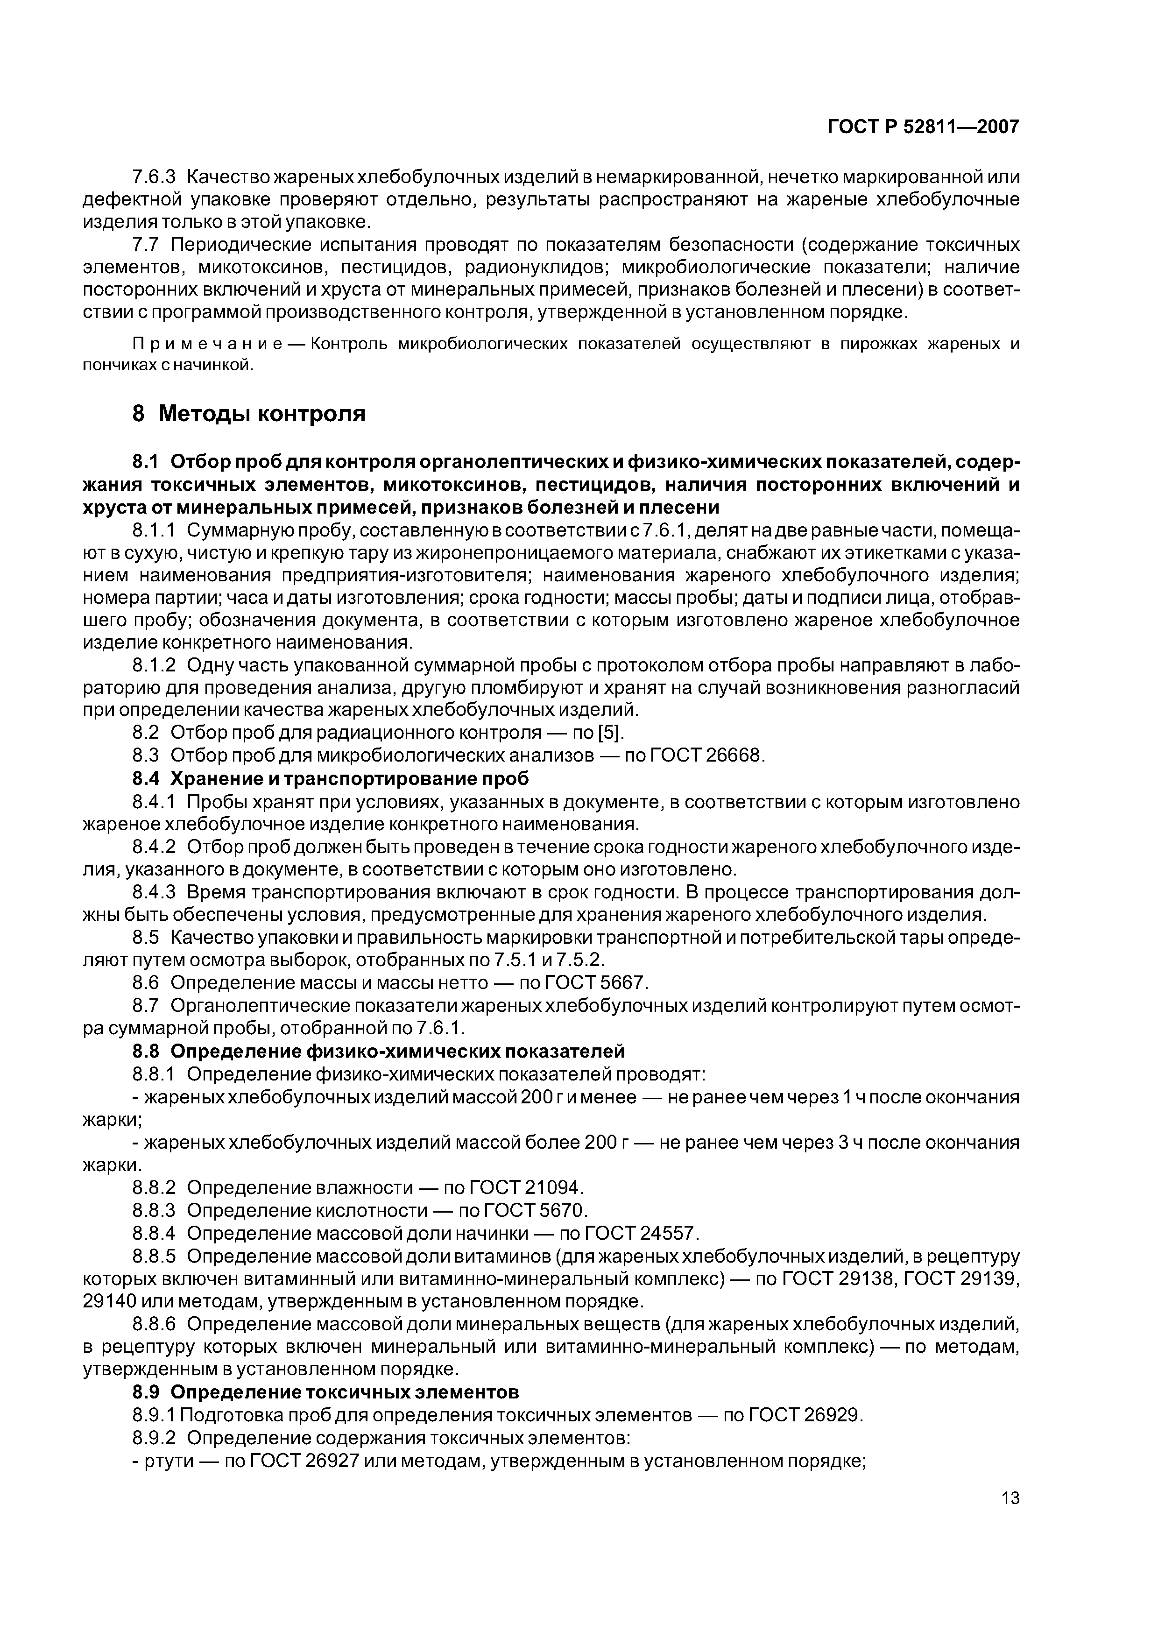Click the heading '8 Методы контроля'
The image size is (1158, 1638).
pos(249,414)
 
